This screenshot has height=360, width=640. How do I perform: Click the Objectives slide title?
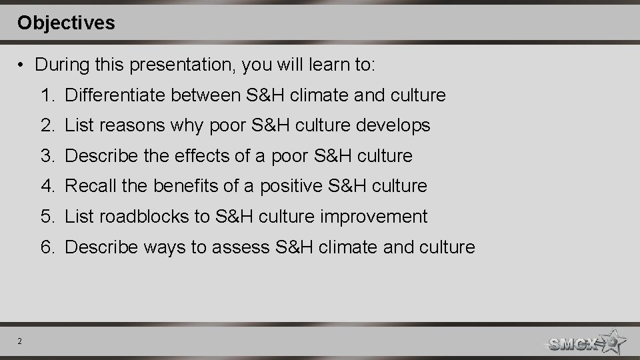click(66, 23)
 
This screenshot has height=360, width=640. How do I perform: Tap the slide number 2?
click(20, 342)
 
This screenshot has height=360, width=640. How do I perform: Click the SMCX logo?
click(585, 343)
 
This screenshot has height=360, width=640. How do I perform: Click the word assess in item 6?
click(241, 247)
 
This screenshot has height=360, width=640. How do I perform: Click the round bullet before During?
click(22, 65)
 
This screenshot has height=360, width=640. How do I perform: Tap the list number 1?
click(47, 95)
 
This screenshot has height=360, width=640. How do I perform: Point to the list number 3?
click(47, 156)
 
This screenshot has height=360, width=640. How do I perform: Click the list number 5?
click(47, 217)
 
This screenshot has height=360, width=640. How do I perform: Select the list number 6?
click(47, 247)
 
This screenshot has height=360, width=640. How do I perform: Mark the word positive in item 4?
click(291, 186)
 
